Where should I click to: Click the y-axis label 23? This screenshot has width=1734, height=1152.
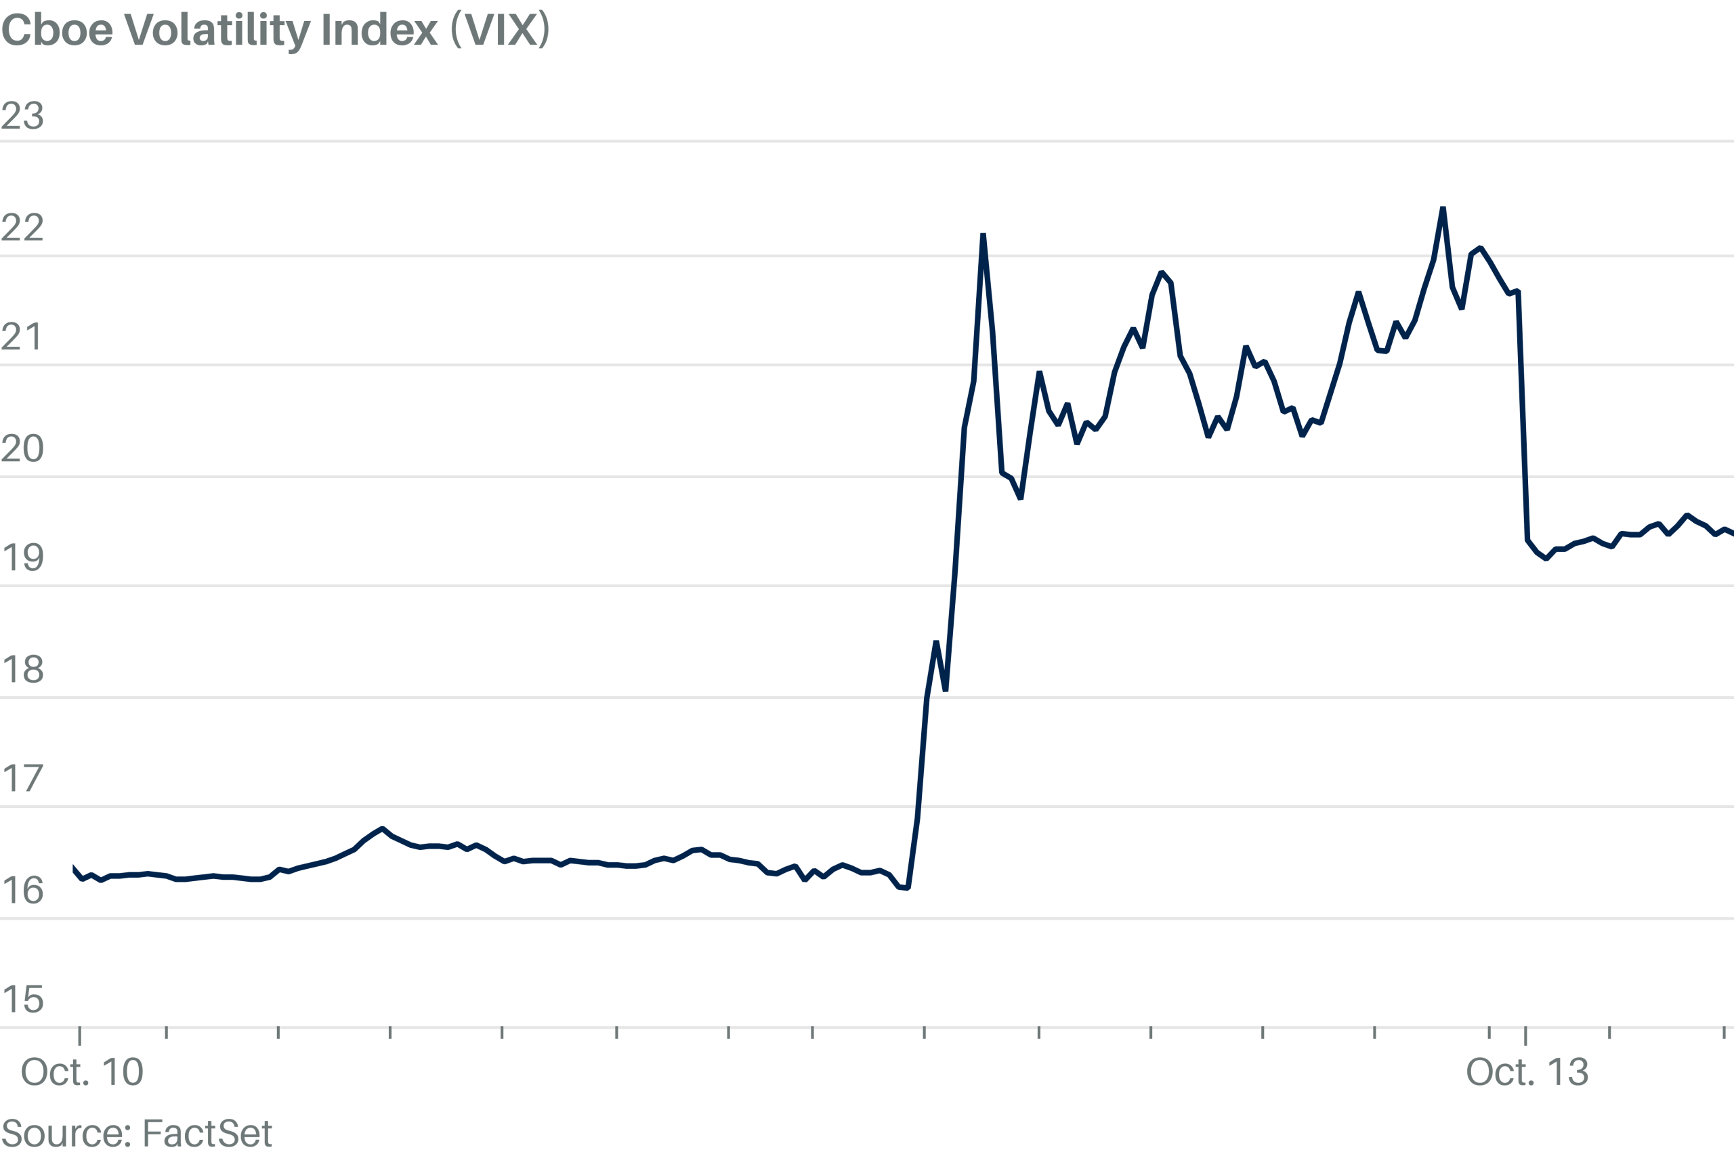tap(23, 115)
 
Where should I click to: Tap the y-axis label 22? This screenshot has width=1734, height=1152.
tap(23, 228)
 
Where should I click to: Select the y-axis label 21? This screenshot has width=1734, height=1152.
tap(23, 337)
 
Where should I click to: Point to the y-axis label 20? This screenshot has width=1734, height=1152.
tap(23, 448)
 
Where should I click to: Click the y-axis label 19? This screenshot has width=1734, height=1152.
tap(23, 557)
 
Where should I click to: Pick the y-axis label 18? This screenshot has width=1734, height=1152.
tap(23, 669)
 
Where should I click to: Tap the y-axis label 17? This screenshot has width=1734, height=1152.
tap(23, 778)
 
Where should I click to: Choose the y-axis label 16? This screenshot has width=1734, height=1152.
tap(23, 891)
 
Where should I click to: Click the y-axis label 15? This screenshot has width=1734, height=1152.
tap(23, 999)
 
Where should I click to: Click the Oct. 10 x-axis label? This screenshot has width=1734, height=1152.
tap(82, 1072)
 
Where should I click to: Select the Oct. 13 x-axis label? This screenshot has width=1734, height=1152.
tap(1527, 1072)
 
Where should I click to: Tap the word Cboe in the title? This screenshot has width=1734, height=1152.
tap(58, 30)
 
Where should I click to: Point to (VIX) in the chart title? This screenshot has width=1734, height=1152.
tap(501, 30)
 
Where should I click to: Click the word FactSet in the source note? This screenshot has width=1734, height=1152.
tap(207, 1133)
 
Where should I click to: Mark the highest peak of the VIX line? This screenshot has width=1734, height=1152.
tap(1443, 209)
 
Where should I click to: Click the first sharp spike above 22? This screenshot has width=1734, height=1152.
tap(983, 234)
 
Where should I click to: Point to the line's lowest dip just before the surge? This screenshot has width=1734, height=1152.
tap(908, 889)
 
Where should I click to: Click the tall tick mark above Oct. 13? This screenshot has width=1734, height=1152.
tap(1526, 1036)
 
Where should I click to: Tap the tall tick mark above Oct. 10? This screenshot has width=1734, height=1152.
tap(79, 1036)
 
